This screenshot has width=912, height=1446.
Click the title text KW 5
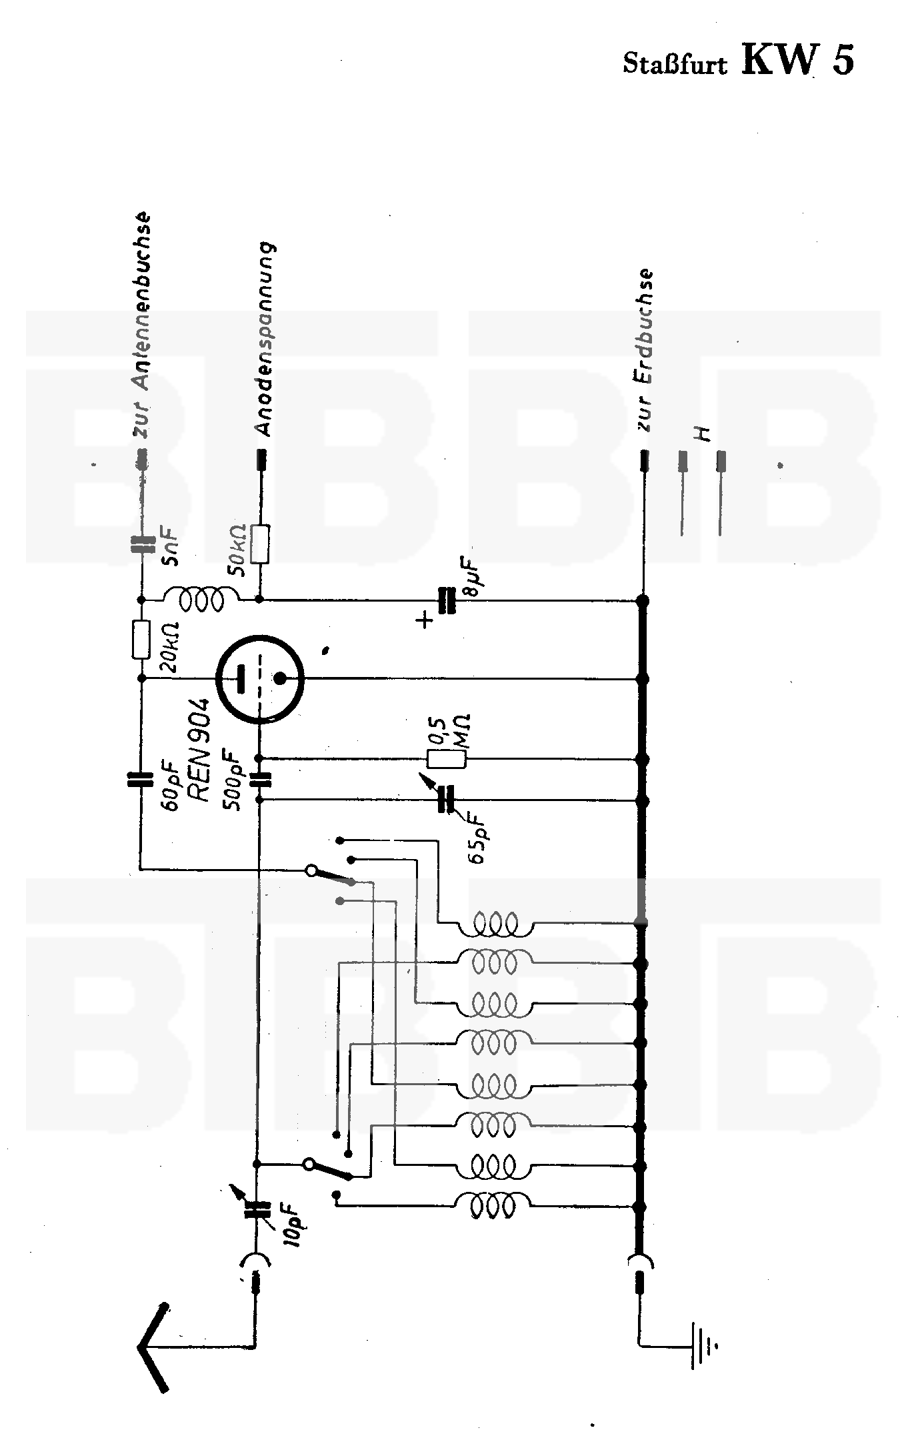click(x=797, y=60)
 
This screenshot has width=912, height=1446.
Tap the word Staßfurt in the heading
click(x=675, y=64)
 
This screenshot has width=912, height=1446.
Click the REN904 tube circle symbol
click(x=260, y=679)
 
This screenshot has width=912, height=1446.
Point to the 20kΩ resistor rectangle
click(x=141, y=639)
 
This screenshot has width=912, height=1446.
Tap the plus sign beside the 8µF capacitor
click(x=424, y=620)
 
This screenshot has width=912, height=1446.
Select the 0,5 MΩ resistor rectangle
click(x=445, y=758)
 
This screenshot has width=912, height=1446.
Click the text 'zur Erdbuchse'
click(x=645, y=350)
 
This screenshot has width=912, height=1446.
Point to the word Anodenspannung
click(x=265, y=339)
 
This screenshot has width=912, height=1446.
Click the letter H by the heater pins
click(x=701, y=434)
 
